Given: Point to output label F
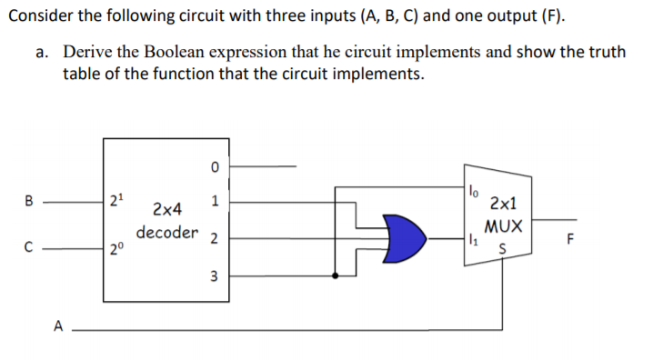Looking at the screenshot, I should click(570, 241).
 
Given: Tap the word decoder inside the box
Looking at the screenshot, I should click(166, 232).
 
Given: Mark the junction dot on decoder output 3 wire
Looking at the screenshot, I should click(337, 275).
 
